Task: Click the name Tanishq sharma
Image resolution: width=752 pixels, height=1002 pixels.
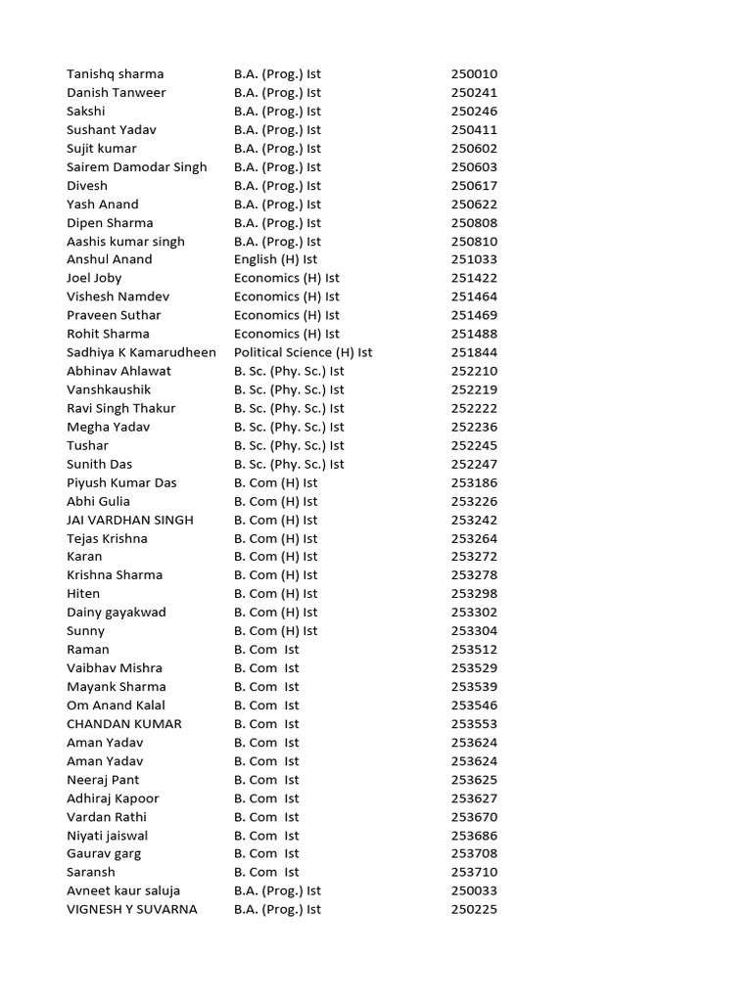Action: coord(116,74)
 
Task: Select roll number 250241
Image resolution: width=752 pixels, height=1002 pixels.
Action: coord(474,93)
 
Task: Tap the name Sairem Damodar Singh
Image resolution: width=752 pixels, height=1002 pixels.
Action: coord(137,167)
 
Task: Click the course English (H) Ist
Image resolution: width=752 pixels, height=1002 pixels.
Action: coord(275,259)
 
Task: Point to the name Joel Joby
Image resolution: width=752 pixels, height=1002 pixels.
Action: coord(94,278)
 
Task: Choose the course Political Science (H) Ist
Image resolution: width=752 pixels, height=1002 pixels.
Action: coord(303,352)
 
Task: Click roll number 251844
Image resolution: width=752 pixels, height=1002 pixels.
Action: coord(474,352)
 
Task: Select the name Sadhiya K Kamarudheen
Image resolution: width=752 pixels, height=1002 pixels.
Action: coord(141,352)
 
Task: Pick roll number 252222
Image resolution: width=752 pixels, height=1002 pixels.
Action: coord(474,408)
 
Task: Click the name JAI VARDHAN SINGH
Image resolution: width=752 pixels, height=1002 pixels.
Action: coord(130,520)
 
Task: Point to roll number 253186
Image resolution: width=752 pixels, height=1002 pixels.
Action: coord(474,482)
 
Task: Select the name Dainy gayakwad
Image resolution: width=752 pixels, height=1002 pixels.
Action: coord(117,613)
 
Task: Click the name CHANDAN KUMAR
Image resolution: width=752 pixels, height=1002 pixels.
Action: coord(124,724)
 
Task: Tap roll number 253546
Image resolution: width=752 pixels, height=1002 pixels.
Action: coord(474,706)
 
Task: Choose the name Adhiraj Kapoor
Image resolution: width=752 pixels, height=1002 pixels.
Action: coord(113,798)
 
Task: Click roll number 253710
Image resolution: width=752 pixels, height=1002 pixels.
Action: coord(474,872)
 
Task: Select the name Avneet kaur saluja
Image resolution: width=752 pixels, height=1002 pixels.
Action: coord(123,890)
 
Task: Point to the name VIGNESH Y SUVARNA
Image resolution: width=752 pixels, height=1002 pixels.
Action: coord(132,909)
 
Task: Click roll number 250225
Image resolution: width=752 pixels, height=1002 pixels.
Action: coord(474,909)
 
